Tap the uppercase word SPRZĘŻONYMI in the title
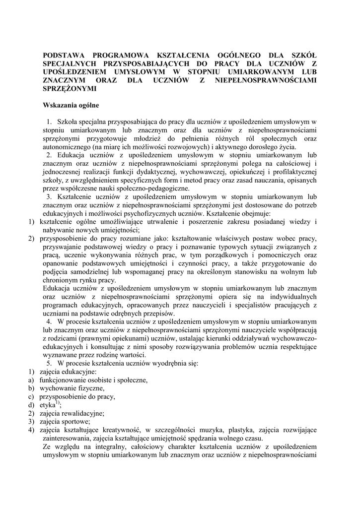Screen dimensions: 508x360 70,89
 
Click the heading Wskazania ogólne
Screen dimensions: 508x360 71,105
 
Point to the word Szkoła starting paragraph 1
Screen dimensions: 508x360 68,122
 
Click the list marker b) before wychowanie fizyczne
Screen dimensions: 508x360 31,388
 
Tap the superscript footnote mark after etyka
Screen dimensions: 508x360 58,403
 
